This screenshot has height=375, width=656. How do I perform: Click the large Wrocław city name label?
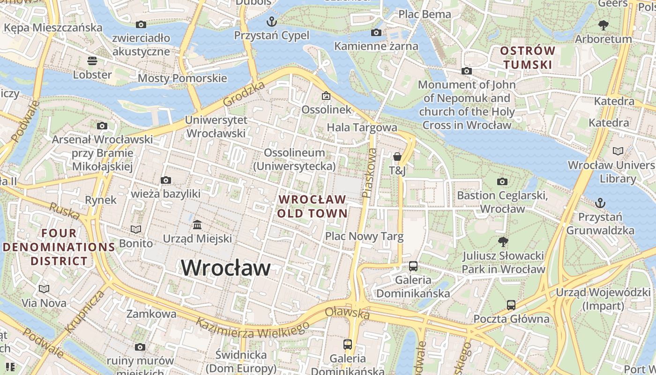(x=226, y=268)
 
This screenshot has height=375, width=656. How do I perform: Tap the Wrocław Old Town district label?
(x=312, y=206)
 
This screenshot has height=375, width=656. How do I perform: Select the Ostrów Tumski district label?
(x=527, y=58)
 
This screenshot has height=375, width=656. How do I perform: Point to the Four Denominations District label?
(x=59, y=247)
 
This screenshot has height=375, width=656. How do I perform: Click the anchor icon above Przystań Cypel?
(x=272, y=22)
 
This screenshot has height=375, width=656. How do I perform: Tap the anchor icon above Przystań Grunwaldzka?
(x=600, y=203)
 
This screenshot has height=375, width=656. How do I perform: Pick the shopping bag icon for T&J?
(x=397, y=157)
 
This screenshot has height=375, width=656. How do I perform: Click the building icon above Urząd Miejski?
(x=197, y=225)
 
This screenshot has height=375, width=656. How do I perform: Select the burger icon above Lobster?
(x=92, y=60)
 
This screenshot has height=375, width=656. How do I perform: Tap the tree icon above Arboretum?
(x=604, y=25)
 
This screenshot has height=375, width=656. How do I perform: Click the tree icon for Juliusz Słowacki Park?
(x=503, y=242)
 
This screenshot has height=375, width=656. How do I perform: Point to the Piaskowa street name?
(x=369, y=172)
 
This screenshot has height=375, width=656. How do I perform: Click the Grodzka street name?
(x=244, y=94)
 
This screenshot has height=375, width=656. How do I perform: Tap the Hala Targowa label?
(x=362, y=127)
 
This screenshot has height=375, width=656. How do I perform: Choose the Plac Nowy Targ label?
(x=364, y=236)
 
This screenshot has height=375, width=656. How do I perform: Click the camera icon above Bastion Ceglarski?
(x=502, y=181)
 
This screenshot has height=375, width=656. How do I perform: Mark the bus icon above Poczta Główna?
(x=511, y=305)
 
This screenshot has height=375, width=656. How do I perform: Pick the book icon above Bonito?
(x=136, y=229)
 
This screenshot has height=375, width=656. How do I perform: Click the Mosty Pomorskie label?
(x=182, y=78)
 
